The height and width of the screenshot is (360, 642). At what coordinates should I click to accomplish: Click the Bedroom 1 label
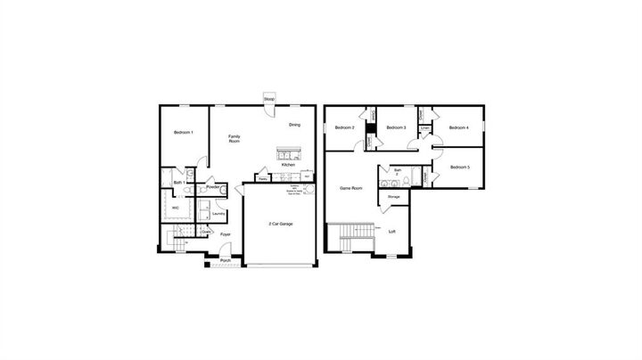pos(184,132)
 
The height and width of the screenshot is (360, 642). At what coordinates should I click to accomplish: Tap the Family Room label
pos(235,138)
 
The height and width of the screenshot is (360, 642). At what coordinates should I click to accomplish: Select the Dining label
pos(294,126)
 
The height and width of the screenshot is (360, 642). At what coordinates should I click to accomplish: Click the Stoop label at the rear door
pos(269,98)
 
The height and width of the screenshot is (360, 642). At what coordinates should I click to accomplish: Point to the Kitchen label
pos(288,165)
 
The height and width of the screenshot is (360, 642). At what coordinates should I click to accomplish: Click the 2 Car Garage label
pos(281,223)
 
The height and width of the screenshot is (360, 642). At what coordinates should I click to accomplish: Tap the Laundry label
pos(218,214)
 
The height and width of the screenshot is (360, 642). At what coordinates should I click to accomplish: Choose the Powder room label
pos(213,187)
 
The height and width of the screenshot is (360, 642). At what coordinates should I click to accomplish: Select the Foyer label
pos(226,234)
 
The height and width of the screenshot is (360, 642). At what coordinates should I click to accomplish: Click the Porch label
pos(226,261)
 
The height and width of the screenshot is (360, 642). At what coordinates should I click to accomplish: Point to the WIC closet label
pos(175,209)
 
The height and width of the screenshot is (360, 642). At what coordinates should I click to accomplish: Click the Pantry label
pos(264,178)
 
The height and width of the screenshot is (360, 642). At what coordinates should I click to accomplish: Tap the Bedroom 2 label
pos(345,128)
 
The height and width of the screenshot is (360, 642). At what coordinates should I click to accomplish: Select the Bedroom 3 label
pos(397,128)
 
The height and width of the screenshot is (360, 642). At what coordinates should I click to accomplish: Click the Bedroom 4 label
pos(459,127)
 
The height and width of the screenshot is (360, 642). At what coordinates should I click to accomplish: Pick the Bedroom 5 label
pos(459,168)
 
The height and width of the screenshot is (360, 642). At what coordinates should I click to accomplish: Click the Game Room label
pos(351,188)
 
